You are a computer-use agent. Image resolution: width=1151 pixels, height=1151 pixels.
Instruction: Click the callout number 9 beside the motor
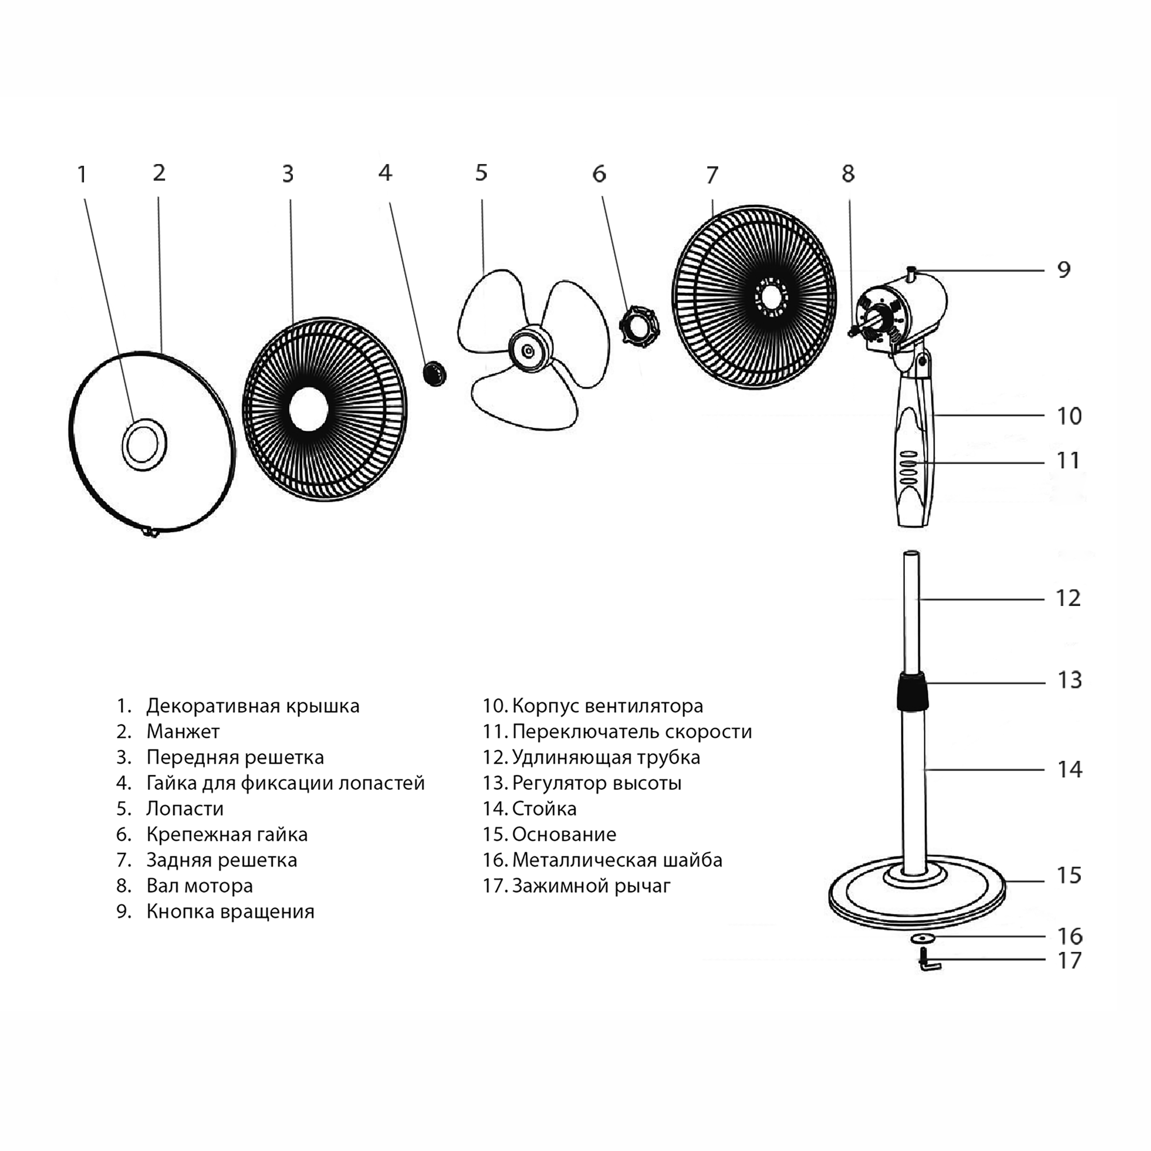pyautogui.click(x=1064, y=270)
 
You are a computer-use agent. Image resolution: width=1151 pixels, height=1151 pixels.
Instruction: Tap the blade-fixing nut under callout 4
pyautogui.click(x=435, y=373)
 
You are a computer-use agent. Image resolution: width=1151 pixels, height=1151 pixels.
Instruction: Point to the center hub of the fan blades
pyautogui.click(x=528, y=351)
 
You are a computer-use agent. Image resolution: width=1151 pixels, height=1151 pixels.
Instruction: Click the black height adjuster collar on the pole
pyautogui.click(x=912, y=691)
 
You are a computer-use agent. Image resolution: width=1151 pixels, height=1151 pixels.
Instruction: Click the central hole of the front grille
pyautogui.click(x=308, y=409)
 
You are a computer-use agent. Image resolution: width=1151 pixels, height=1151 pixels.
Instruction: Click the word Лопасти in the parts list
pyautogui.click(x=185, y=809)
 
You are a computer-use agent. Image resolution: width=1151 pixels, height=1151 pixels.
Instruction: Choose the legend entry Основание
pyautogui.click(x=563, y=834)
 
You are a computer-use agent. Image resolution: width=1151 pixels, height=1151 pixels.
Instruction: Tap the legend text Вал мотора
pyautogui.click(x=200, y=886)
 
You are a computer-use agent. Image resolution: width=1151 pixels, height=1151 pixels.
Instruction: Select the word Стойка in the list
pyautogui.click(x=544, y=809)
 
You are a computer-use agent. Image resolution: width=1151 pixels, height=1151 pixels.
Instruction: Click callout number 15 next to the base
pyautogui.click(x=1069, y=875)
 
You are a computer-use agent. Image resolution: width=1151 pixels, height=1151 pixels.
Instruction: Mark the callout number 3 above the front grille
pyautogui.click(x=288, y=174)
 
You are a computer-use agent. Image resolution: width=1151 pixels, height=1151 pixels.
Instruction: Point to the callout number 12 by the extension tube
pyautogui.click(x=1068, y=598)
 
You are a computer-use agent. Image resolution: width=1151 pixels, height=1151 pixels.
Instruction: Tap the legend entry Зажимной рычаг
pyautogui.click(x=591, y=886)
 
